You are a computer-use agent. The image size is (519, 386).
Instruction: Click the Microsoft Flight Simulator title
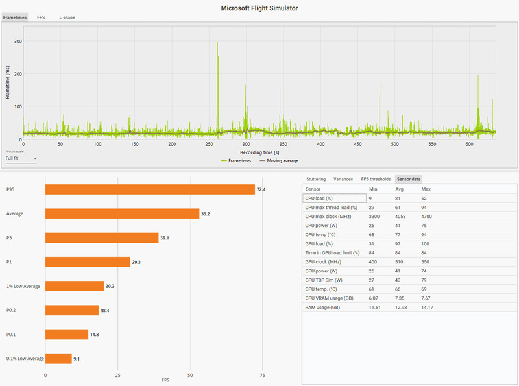click(x=259, y=8)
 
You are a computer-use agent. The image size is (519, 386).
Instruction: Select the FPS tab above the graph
click(x=41, y=18)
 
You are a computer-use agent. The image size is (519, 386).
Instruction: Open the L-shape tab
click(x=67, y=18)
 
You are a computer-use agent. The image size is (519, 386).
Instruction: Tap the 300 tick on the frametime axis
click(x=18, y=41)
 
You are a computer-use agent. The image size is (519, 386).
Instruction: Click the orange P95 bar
click(x=150, y=189)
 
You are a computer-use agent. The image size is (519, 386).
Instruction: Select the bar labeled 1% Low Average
click(x=75, y=286)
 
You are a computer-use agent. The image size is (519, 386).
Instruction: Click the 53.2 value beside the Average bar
click(x=208, y=214)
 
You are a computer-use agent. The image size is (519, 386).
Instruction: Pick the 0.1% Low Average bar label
click(x=25, y=358)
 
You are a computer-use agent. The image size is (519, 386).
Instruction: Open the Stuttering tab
click(x=315, y=178)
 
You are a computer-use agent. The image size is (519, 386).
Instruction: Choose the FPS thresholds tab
click(x=376, y=178)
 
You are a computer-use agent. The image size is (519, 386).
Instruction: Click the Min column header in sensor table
click(x=373, y=188)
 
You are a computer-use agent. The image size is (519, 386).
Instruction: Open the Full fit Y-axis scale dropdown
click(x=21, y=158)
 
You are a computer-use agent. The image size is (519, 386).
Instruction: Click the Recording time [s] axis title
click(x=259, y=152)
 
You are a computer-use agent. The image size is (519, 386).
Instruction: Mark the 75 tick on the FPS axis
click(x=263, y=375)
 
